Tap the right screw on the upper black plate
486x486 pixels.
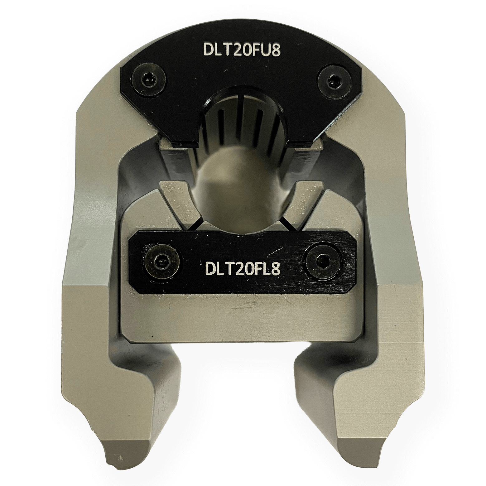(x=333, y=80)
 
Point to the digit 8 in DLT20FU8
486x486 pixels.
(x=275, y=49)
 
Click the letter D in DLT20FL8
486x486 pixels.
(x=210, y=268)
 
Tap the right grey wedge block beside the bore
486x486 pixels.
(x=304, y=203)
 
